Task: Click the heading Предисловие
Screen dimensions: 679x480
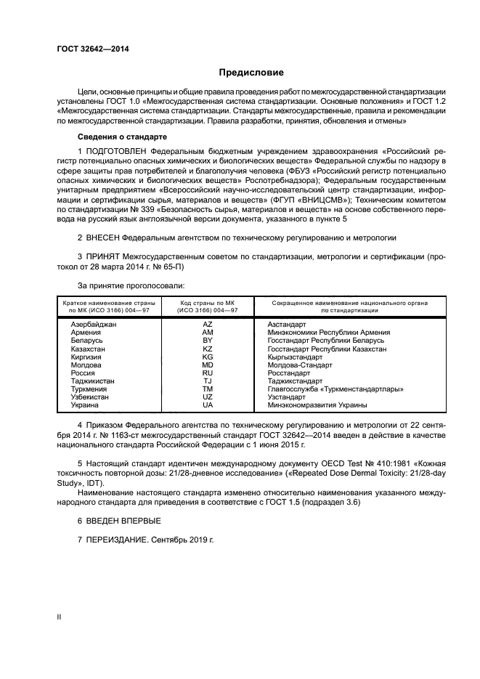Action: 252,73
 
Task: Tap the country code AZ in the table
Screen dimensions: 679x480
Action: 207,324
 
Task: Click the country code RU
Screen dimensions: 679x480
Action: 207,373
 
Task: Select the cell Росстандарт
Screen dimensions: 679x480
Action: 288,373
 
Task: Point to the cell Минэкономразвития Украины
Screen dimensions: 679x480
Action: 317,404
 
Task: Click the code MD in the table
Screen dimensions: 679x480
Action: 207,365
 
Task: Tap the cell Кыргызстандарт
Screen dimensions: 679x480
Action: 295,357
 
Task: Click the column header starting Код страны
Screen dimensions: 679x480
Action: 207,306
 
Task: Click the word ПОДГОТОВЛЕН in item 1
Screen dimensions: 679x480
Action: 118,150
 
